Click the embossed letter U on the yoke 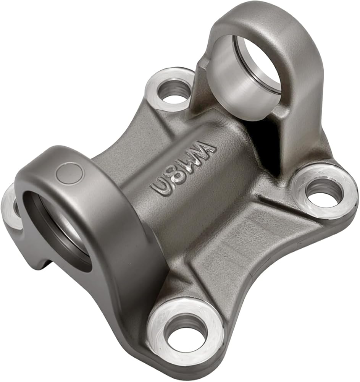coord(159,188)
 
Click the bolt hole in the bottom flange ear coord(186,334)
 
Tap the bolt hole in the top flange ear coord(174,90)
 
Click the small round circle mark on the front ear coord(70,173)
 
